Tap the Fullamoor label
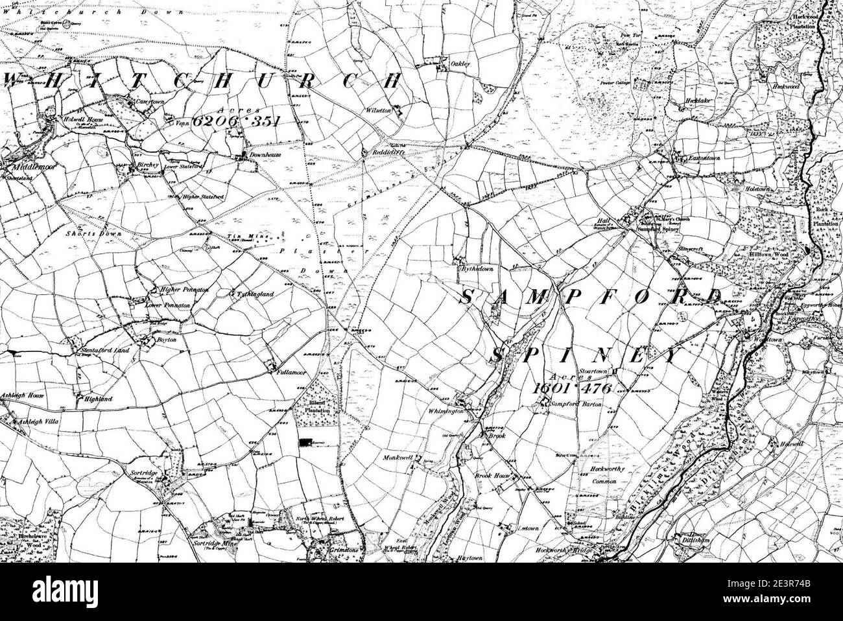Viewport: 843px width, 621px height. click(x=289, y=374)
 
